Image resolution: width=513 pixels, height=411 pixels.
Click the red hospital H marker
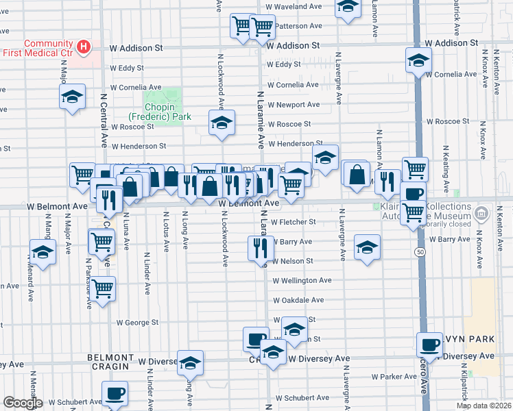point(84,47)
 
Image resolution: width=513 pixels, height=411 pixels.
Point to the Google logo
point(23,403)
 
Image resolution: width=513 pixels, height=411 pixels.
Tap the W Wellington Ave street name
point(302,280)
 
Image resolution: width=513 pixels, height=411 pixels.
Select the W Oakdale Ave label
point(298,300)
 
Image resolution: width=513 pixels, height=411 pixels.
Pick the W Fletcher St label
point(293,222)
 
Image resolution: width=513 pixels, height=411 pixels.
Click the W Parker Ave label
point(394,377)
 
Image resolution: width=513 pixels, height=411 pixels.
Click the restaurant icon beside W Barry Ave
point(259,248)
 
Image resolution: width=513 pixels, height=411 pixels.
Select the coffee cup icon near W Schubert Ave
point(115,394)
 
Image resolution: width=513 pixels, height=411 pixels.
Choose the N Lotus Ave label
point(166,232)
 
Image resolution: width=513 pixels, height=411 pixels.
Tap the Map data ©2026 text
point(484,406)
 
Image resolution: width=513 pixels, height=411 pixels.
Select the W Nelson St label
point(292,261)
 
